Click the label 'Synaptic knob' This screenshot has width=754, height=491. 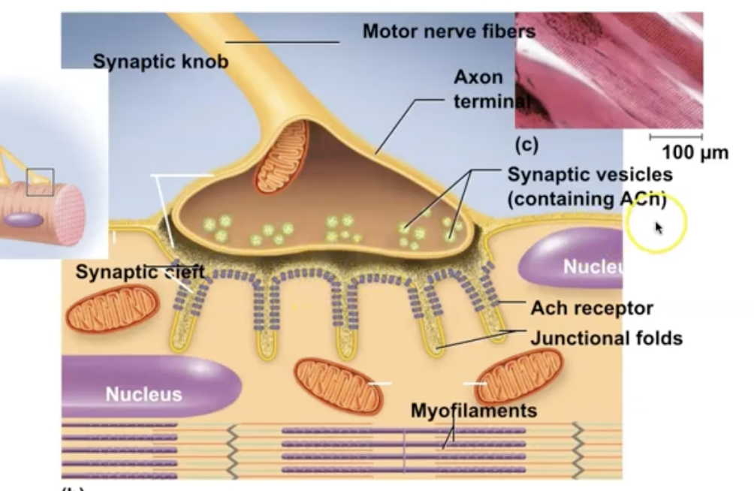click(x=160, y=62)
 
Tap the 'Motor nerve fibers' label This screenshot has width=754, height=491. click(x=448, y=32)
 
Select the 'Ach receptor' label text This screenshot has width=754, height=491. click(x=591, y=308)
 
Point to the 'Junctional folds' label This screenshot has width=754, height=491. click(x=606, y=338)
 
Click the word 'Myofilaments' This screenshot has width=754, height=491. click(x=473, y=411)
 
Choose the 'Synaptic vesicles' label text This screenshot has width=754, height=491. click(x=590, y=175)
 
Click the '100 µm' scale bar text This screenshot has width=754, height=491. click(x=695, y=153)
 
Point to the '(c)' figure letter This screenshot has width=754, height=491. click(x=526, y=142)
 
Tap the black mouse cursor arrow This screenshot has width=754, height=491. click(x=659, y=227)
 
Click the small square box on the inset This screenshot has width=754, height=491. click(x=40, y=182)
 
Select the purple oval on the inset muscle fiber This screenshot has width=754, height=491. click(x=24, y=221)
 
